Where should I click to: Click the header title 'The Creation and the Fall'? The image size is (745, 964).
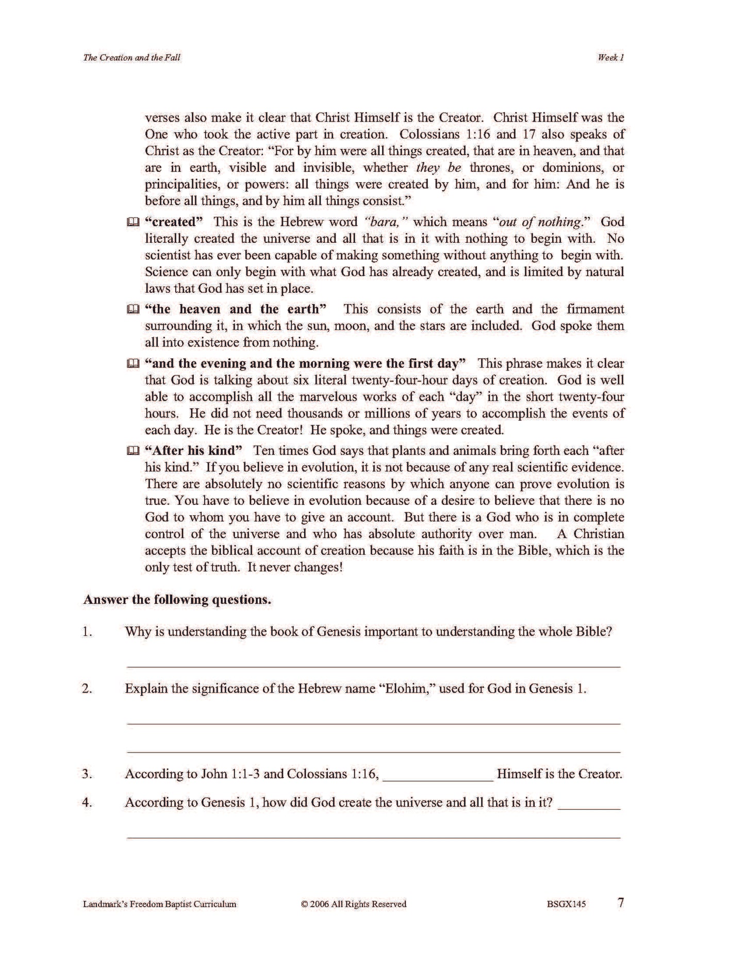click(x=131, y=58)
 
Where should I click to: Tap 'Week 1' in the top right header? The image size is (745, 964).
click(x=610, y=58)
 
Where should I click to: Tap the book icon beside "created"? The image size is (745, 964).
click(x=133, y=223)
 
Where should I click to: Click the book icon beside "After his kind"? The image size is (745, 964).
click(x=133, y=452)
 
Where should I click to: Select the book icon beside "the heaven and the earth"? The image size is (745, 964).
click(x=133, y=310)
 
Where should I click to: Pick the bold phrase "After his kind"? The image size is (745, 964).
click(x=194, y=451)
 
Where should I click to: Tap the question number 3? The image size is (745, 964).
click(x=87, y=774)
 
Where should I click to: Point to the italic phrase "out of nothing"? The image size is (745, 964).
click(x=540, y=222)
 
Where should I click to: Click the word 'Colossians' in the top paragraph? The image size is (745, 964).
click(x=429, y=135)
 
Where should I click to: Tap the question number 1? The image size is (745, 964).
click(x=87, y=632)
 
